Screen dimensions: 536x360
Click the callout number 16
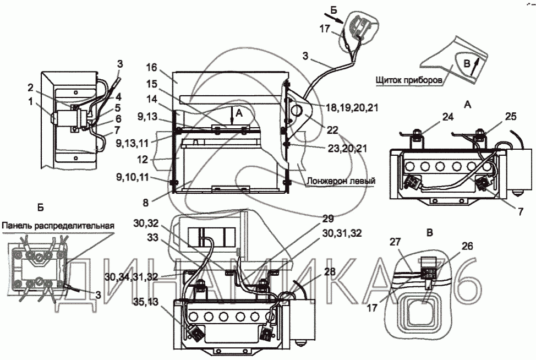pyautogui.click(x=152, y=67)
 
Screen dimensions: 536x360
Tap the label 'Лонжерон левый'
pyautogui.click(x=341, y=180)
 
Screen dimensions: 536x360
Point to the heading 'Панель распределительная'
pyautogui.click(x=58, y=226)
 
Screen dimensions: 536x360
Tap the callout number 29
pyautogui.click(x=327, y=219)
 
